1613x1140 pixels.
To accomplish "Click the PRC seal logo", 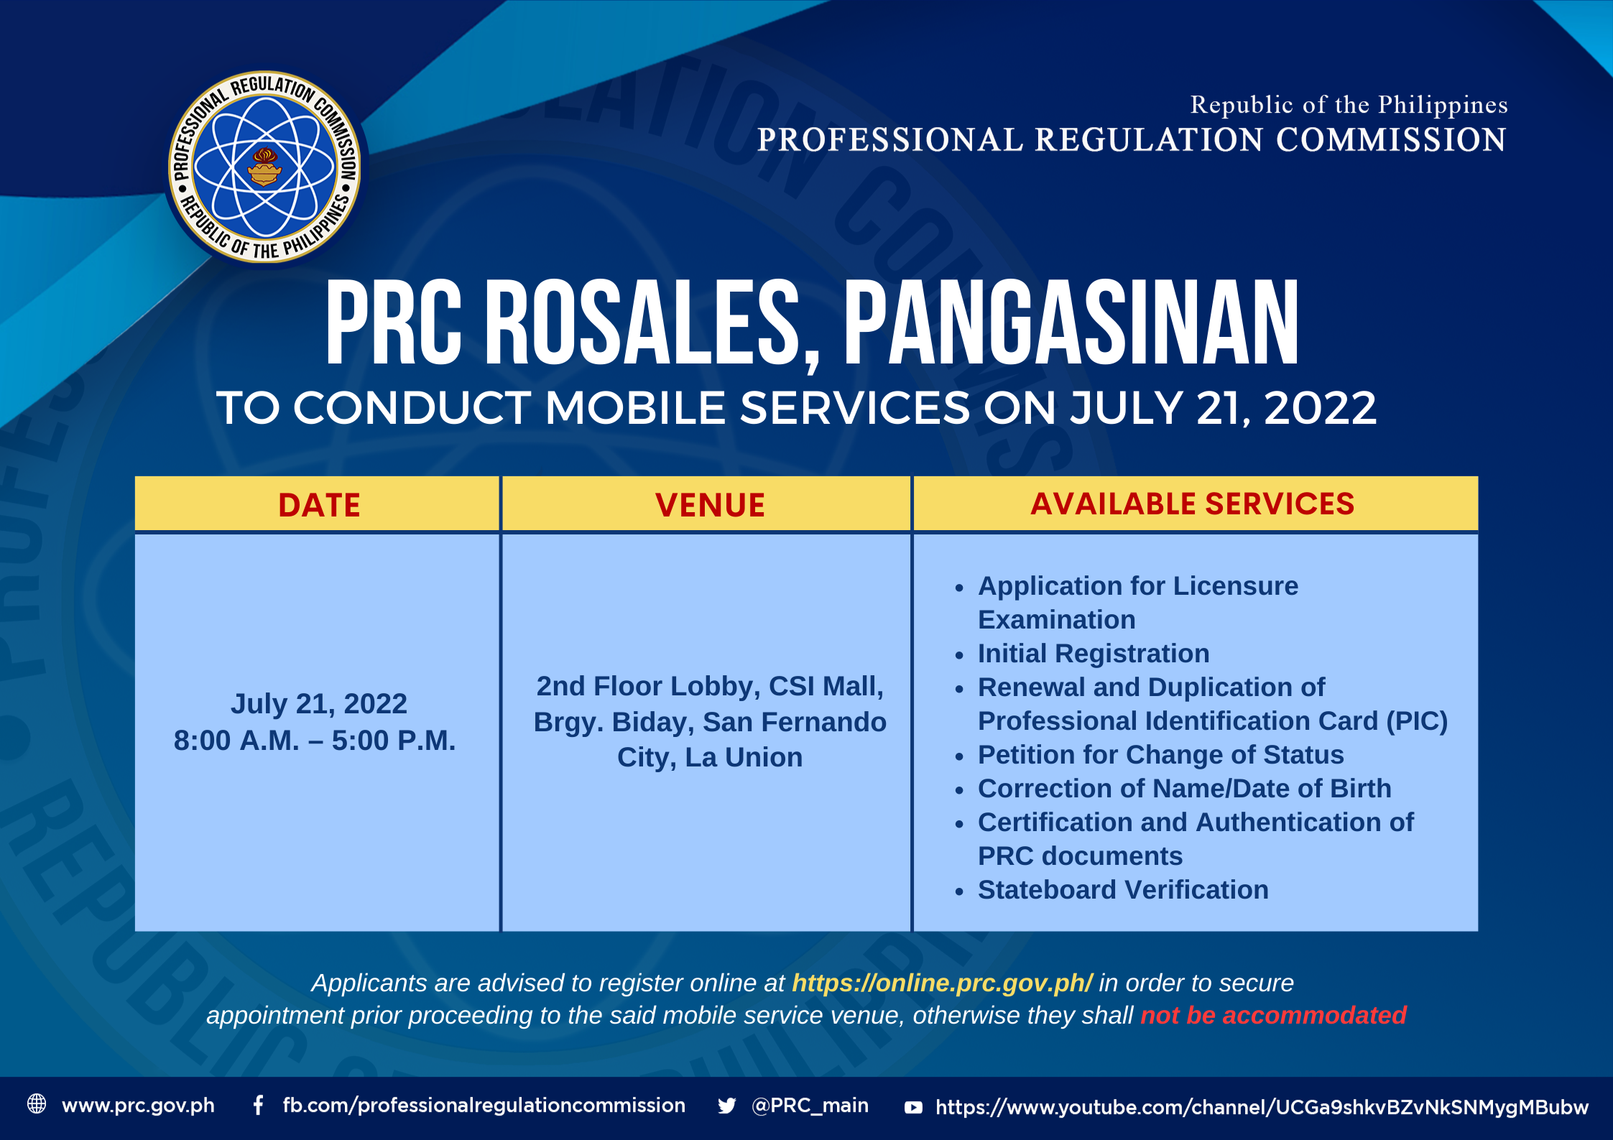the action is coord(265,167).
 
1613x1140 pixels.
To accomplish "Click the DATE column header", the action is coord(319,505).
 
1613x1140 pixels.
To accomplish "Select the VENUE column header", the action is coord(710,505).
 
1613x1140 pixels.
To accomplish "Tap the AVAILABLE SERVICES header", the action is coord(1193,504).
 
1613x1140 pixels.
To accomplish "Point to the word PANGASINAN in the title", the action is coord(1071,323).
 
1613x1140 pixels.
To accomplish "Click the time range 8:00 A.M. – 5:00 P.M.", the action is coord(315,741).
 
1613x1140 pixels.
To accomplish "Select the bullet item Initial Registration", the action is coord(1094,654).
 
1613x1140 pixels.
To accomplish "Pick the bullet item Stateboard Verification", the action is coord(1123,890).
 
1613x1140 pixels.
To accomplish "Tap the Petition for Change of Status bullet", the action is coord(1161,755).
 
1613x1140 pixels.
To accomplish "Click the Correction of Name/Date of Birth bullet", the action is coord(1184,789).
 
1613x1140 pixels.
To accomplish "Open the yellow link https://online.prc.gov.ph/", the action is coord(942,983).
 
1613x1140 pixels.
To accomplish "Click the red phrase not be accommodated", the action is coord(1273,1015).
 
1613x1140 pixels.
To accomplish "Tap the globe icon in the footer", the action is coord(37,1103).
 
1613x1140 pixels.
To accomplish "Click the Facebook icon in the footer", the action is coord(258,1105).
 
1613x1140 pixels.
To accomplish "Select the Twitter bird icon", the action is coord(726,1106).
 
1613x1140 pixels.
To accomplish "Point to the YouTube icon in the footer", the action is coord(913,1108).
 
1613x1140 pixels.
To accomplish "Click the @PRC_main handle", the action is coord(810,1106).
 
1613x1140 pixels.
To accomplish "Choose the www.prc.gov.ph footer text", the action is coord(138,1106).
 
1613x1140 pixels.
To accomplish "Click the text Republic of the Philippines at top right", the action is coord(1349,105).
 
